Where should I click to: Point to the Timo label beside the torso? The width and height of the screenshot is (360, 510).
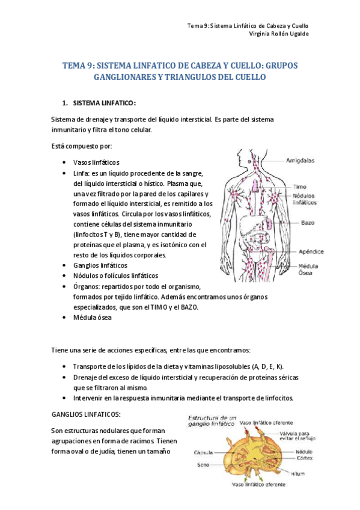(x=301, y=186)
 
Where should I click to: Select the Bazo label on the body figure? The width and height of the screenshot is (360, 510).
(x=307, y=223)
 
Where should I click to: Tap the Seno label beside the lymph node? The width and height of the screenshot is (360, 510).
(x=203, y=464)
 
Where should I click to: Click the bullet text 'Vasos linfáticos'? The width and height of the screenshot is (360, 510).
(x=97, y=162)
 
